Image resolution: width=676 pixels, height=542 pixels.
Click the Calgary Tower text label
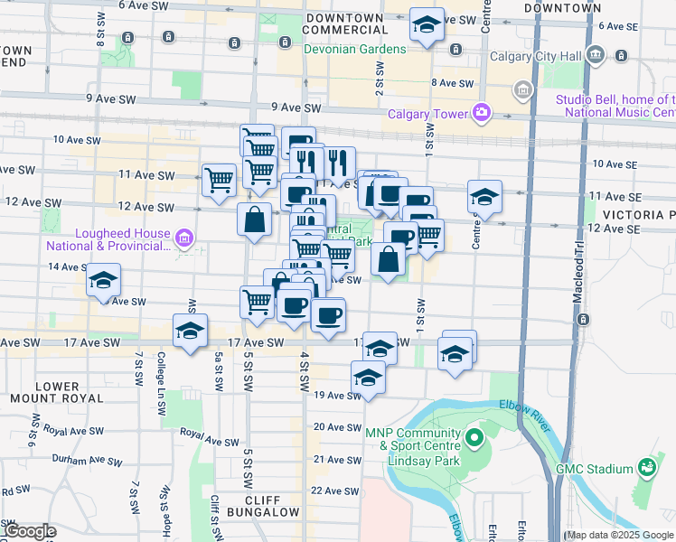click(427, 114)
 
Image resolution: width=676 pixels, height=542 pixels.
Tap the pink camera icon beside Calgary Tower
click(482, 113)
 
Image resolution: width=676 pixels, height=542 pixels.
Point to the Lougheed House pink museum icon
click(183, 238)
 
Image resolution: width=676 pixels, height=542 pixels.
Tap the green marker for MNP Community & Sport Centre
click(474, 439)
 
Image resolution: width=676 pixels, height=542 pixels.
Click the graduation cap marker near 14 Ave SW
click(104, 280)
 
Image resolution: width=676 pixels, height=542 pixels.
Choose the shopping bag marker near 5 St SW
click(256, 219)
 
